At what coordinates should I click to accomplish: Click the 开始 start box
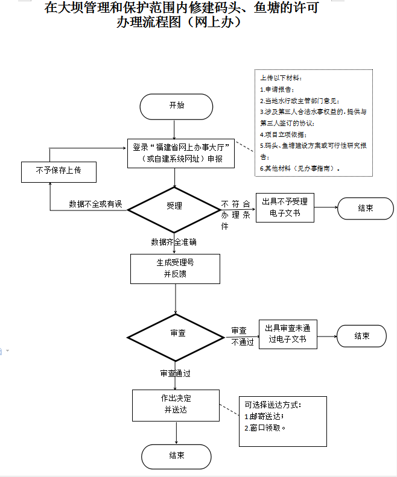click(x=176, y=107)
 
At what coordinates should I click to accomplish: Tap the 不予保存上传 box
click(x=59, y=171)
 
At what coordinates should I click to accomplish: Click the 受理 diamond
click(x=174, y=206)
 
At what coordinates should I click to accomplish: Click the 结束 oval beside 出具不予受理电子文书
click(x=365, y=208)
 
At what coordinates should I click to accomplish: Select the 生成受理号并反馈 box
click(x=175, y=268)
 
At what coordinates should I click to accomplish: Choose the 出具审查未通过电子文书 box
click(x=287, y=334)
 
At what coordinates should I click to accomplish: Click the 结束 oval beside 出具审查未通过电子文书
click(x=361, y=336)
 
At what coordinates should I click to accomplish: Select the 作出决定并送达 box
click(x=176, y=405)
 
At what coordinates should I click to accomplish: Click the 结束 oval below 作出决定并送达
click(x=177, y=456)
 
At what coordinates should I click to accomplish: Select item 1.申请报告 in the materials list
click(x=277, y=89)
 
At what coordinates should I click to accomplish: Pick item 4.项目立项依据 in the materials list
click(x=283, y=134)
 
